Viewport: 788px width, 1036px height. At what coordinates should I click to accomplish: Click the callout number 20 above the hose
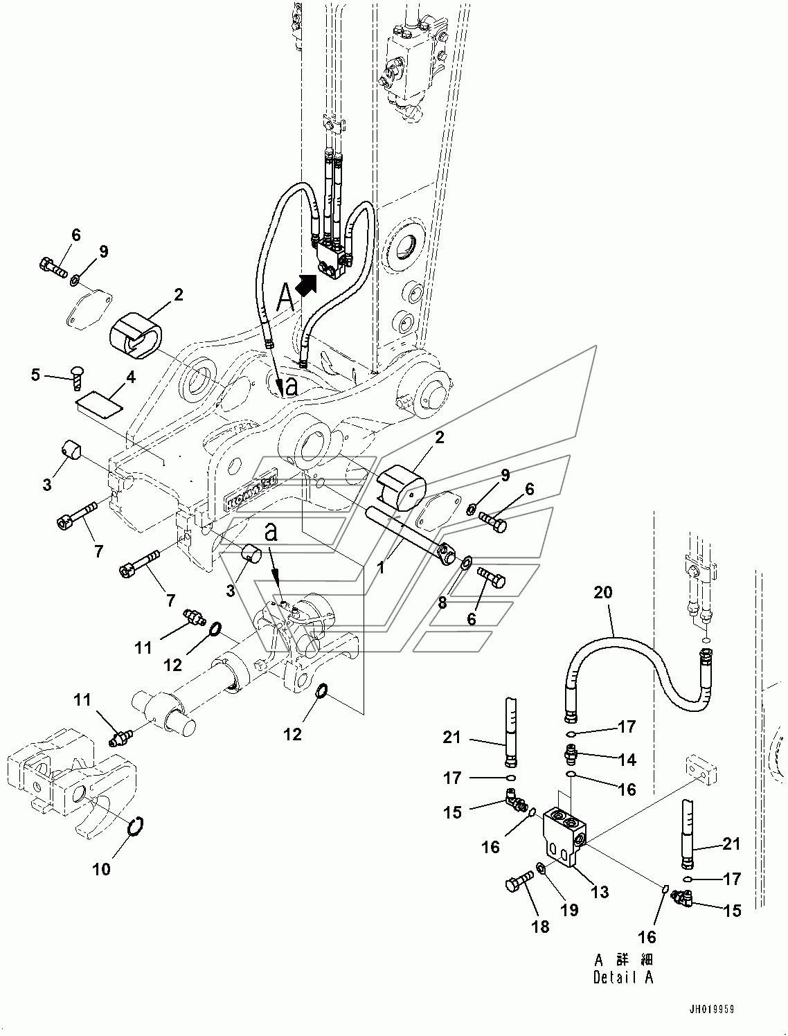point(602,592)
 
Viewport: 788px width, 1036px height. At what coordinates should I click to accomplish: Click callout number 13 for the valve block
point(600,892)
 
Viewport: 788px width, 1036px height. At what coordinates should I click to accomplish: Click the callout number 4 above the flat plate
point(130,377)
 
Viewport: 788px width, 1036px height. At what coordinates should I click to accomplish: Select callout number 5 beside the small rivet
point(35,375)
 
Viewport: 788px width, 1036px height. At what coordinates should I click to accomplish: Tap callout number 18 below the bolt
point(540,927)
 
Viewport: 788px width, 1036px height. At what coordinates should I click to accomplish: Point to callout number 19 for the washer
point(569,910)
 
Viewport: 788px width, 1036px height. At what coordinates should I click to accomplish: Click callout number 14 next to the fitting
point(628,760)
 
